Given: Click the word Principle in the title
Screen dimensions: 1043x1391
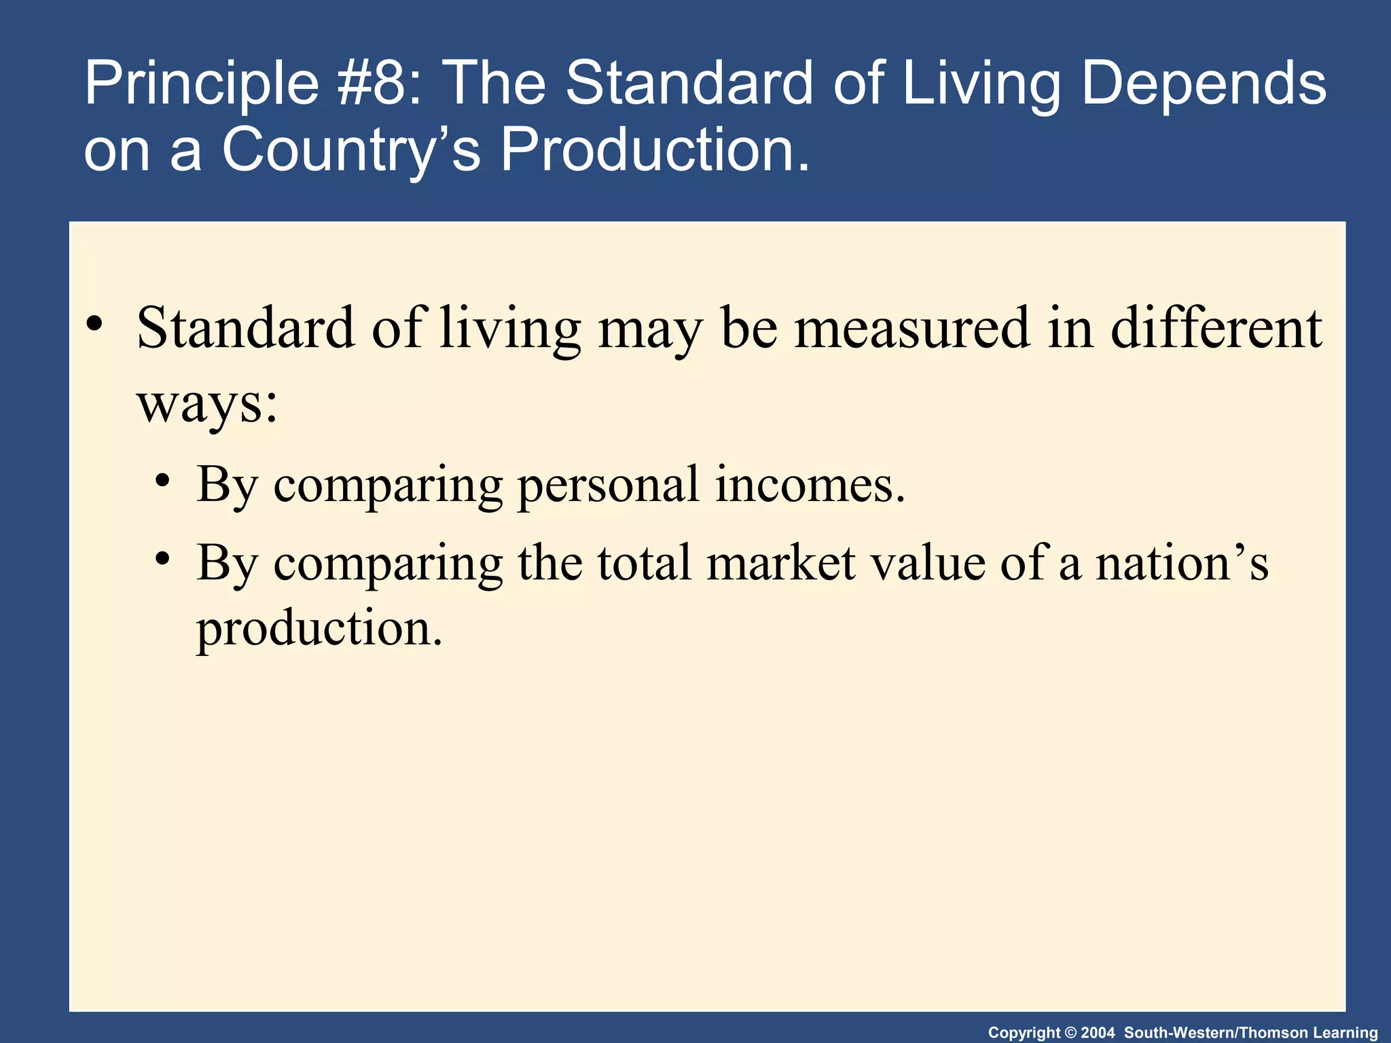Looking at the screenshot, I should click(201, 84).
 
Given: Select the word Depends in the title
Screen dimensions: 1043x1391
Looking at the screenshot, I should click(1203, 84).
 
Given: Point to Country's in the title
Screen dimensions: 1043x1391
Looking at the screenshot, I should click(350, 151).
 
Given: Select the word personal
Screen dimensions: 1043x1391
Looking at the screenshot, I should click(608, 485).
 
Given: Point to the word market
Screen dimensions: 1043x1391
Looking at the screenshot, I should click(780, 563).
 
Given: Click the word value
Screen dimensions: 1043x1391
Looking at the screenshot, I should click(927, 563).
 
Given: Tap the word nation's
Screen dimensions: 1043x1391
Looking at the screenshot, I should click(1182, 563).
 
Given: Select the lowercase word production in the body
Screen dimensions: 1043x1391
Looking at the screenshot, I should click(319, 629).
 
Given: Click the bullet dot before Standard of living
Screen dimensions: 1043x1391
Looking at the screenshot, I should click(95, 323).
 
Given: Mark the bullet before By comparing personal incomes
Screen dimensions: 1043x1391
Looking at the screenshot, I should click(162, 481).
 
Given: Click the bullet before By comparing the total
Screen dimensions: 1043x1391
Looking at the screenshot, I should click(162, 559).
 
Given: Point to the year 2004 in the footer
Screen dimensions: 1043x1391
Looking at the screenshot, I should click(1098, 1033).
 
